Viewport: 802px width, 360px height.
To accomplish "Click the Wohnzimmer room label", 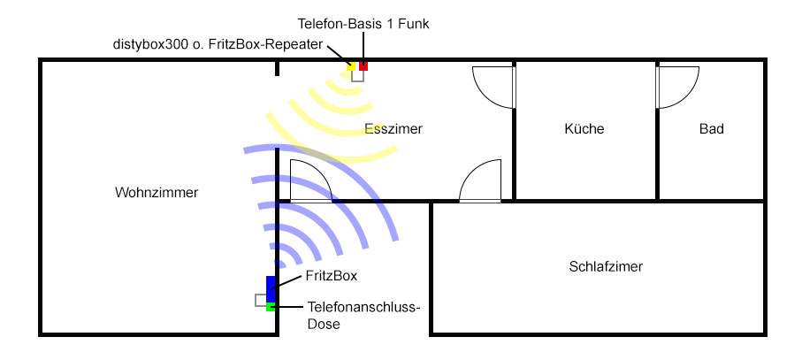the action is (156, 193).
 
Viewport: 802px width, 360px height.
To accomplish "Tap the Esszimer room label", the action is (393, 129).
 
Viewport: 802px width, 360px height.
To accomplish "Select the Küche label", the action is (584, 129).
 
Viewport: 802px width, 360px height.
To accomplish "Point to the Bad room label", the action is (712, 129).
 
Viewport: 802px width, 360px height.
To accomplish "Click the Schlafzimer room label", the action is (606, 266).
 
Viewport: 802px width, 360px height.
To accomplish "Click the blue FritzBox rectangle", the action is (271, 289).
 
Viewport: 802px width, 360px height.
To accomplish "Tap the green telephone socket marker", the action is (271, 307).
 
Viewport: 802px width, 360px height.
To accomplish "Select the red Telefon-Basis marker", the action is (363, 66).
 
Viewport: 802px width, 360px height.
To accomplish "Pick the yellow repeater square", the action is (351, 66).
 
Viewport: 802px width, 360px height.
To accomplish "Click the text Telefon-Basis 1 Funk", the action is (363, 24).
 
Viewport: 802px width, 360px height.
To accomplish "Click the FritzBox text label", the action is (331, 276).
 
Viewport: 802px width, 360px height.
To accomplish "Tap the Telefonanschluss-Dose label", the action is (363, 315).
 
